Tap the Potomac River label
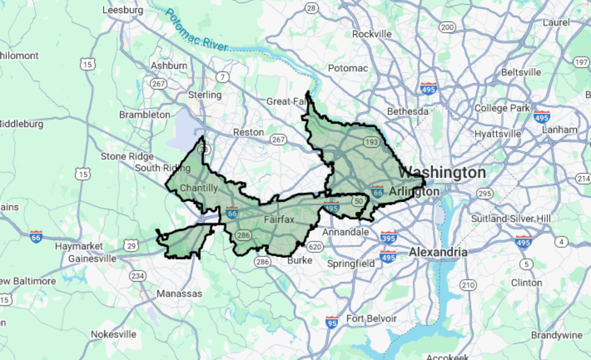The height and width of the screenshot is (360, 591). (x=196, y=30)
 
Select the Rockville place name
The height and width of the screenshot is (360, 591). (x=372, y=34)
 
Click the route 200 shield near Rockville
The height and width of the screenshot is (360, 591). (x=447, y=27)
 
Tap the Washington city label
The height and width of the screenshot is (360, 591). (x=441, y=173)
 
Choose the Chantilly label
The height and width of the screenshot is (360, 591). (x=199, y=188)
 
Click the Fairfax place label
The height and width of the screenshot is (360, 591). (x=279, y=220)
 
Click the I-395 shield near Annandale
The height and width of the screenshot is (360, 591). (x=389, y=238)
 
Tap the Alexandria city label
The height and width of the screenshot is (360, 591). (x=438, y=252)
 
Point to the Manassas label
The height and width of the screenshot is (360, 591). (x=179, y=294)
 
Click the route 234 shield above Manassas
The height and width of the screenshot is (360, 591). (x=138, y=276)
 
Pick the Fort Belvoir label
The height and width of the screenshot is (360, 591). (x=371, y=319)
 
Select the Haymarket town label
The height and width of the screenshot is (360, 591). (x=79, y=246)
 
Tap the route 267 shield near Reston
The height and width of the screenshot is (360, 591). (x=278, y=139)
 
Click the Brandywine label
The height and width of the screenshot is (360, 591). (x=556, y=335)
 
